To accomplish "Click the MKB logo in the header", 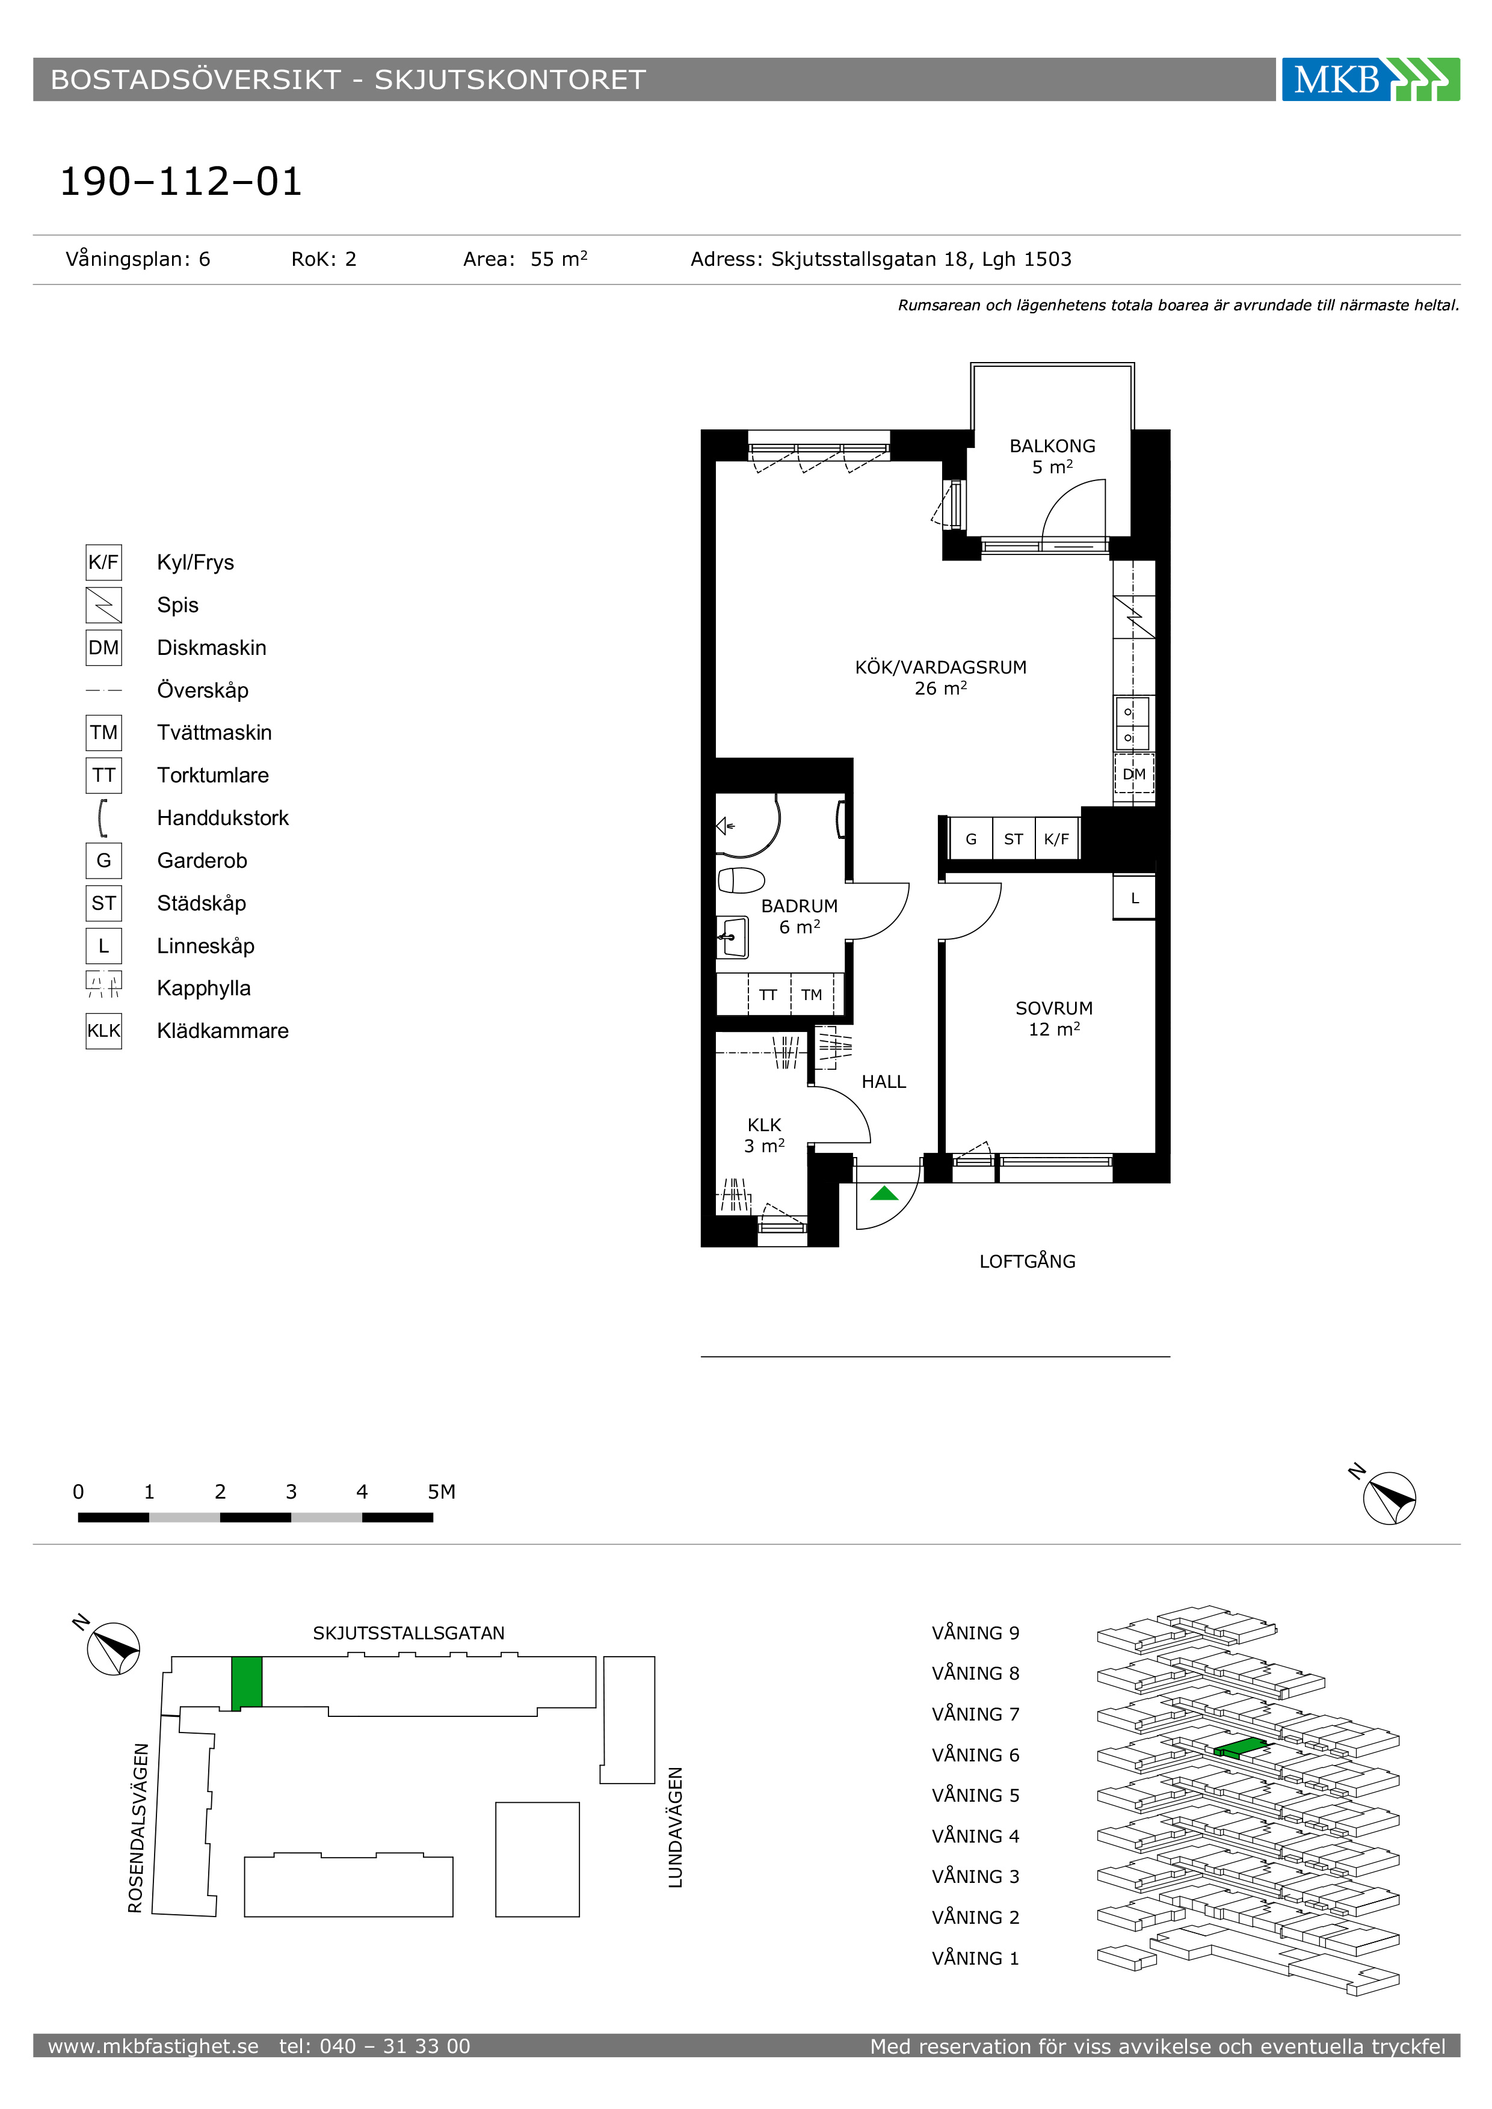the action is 1370,79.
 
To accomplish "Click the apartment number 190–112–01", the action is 181,181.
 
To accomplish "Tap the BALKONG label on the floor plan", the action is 1052,446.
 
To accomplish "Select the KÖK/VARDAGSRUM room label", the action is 941,667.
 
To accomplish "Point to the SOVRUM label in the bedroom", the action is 1054,1008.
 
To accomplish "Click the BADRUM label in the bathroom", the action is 800,906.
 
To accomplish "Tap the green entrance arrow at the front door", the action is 884,1193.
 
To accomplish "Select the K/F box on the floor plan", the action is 1056,839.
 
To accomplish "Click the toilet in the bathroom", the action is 741,880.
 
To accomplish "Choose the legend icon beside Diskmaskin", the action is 104,648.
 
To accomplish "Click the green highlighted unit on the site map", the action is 246,1682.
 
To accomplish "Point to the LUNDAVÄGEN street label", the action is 675,1827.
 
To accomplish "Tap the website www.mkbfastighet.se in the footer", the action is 153,2046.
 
